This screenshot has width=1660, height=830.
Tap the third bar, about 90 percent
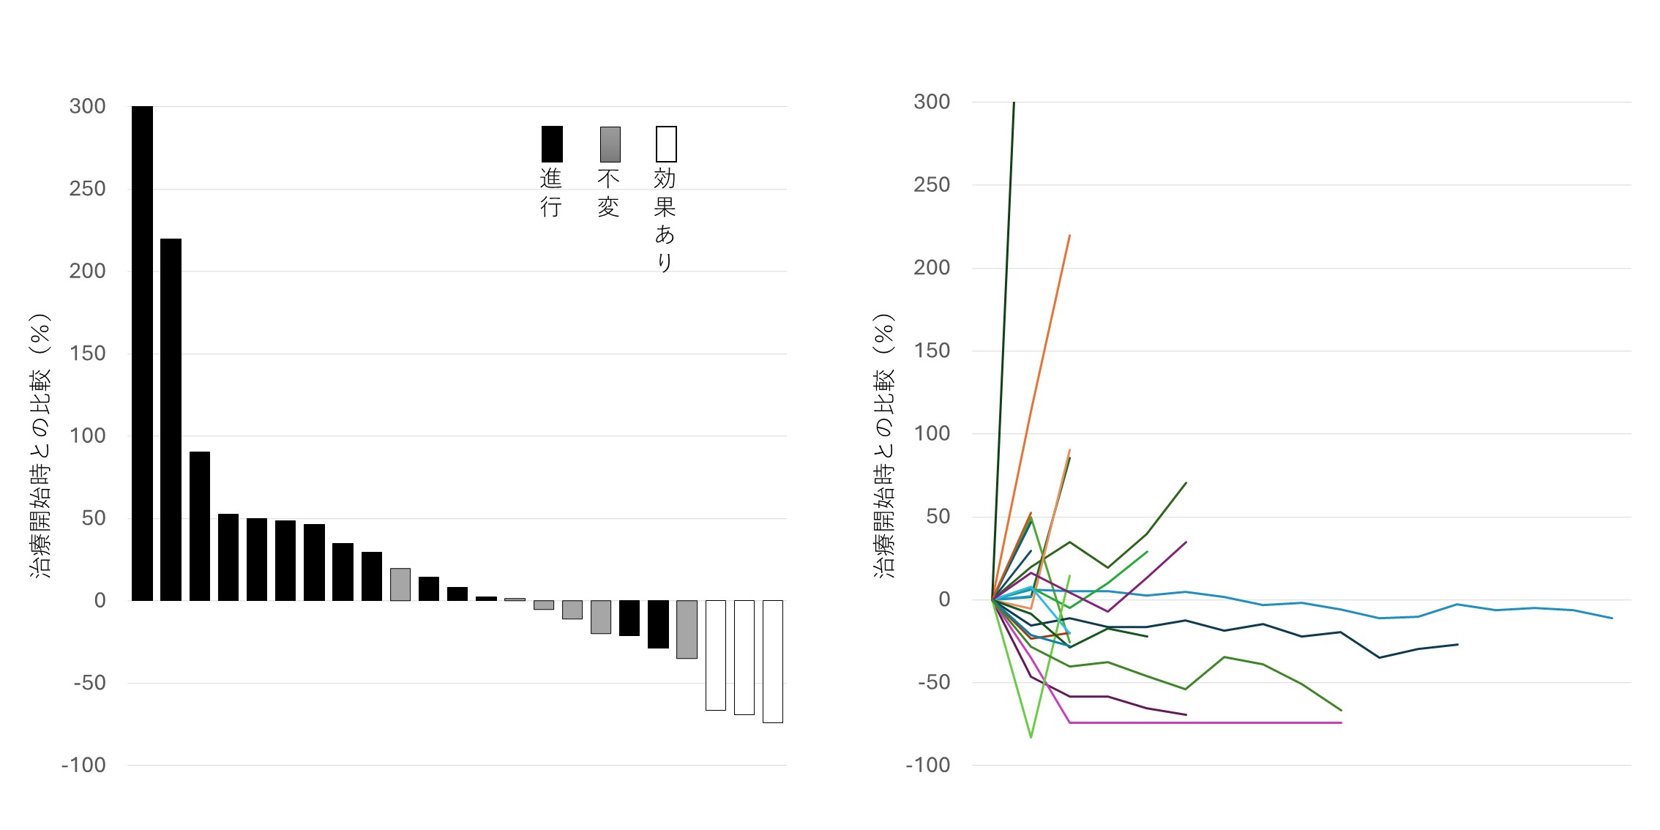[x=199, y=526]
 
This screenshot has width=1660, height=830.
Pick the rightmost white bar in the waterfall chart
[x=772, y=661]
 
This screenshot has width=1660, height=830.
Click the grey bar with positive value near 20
[x=400, y=584]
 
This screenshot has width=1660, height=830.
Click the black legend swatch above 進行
[x=552, y=143]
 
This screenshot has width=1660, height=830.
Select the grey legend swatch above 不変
[x=610, y=143]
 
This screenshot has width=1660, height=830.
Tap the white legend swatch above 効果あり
[x=666, y=143]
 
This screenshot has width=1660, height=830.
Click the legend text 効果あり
[x=665, y=220]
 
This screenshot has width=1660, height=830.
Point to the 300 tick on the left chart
[x=88, y=106]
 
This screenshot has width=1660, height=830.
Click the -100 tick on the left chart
[x=83, y=766]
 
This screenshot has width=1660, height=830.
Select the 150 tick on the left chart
[x=88, y=354]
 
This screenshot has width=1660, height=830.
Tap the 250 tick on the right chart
[x=932, y=185]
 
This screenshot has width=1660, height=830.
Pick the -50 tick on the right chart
[x=933, y=682]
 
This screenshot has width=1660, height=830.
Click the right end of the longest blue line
[x=1612, y=618]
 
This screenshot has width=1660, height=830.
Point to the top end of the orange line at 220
[x=1069, y=236]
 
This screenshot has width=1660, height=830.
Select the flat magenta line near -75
[x=1208, y=722]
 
